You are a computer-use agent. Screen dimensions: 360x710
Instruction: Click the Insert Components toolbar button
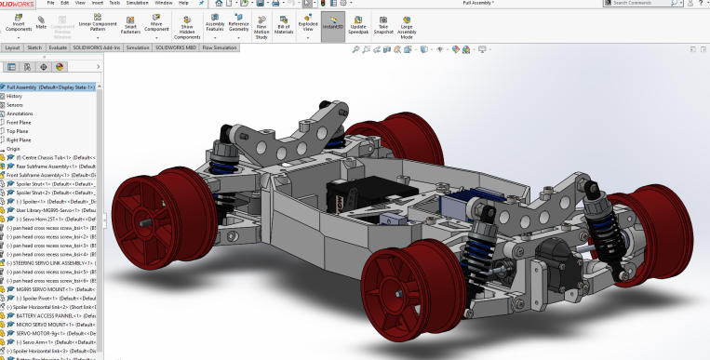(x=19, y=24)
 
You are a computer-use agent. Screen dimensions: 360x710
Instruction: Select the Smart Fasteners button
(x=131, y=24)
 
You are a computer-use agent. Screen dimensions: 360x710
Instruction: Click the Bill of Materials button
(x=285, y=24)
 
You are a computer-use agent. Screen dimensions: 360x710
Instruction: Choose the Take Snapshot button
(x=382, y=24)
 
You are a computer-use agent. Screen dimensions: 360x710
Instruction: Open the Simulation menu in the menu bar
(x=137, y=3)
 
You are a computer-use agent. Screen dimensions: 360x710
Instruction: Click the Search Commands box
(x=651, y=4)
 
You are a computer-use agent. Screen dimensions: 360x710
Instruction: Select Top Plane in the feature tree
(x=18, y=131)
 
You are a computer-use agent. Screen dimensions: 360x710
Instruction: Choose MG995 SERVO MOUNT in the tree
(x=42, y=288)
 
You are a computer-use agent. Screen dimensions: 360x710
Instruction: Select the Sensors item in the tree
(x=15, y=105)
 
